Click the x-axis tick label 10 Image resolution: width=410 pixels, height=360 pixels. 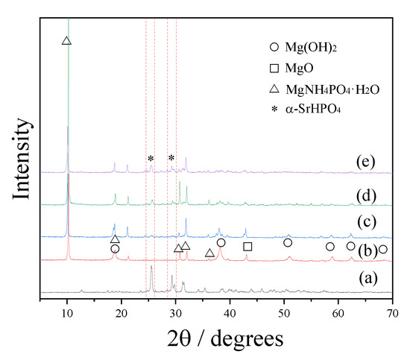[67, 310]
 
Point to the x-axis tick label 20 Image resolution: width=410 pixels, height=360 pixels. [122, 310]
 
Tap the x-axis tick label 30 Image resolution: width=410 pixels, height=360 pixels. [176, 310]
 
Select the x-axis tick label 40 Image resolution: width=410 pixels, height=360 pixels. [230, 310]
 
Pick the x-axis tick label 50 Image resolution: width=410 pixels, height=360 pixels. [284, 310]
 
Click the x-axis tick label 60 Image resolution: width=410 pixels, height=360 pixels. [338, 310]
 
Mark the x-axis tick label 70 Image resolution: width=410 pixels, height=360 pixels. [392, 310]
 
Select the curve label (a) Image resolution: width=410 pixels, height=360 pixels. [366, 279]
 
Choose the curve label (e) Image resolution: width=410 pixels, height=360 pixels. [366, 162]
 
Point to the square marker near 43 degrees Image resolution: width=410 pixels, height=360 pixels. [247, 247]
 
